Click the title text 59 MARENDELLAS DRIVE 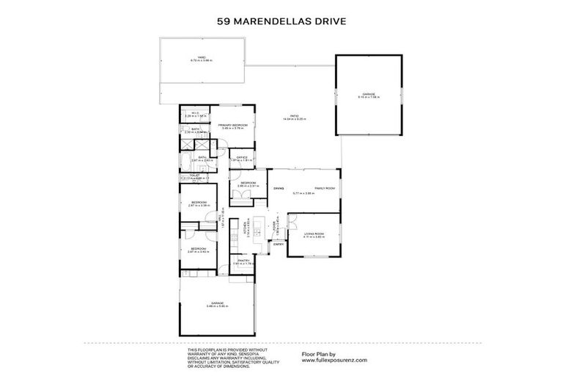(x=281, y=21)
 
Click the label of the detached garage (x=368, y=94)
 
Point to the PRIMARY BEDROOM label (x=232, y=126)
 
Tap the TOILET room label (x=194, y=175)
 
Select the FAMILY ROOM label (x=325, y=189)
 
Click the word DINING (x=279, y=189)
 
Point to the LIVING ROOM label (x=314, y=234)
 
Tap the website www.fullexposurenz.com (x=334, y=361)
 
